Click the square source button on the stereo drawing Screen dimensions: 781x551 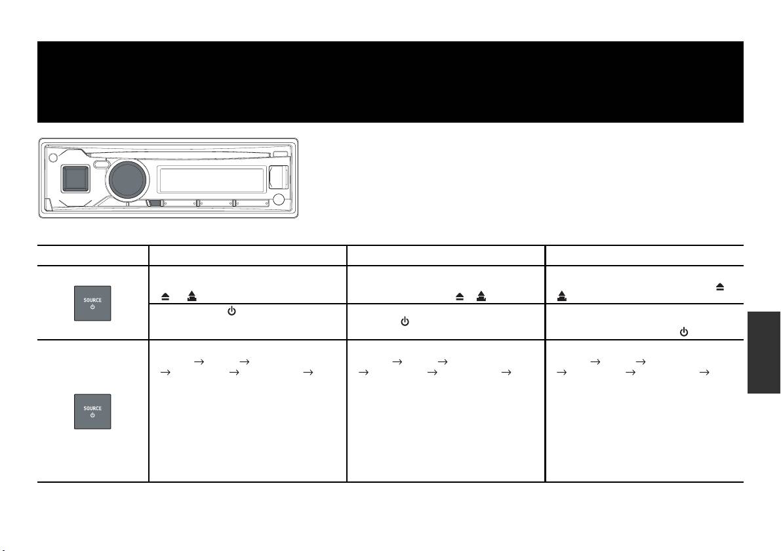(75, 179)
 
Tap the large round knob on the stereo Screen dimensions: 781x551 (128, 179)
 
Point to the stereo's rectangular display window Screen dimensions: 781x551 (211, 180)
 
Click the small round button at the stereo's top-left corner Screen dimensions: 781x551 (53, 159)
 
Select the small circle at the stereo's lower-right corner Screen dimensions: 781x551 (279, 200)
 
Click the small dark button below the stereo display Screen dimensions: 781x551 (154, 203)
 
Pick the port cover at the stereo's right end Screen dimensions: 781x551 (279, 177)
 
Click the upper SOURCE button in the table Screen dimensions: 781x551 (92, 304)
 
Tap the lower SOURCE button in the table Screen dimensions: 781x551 (92, 411)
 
